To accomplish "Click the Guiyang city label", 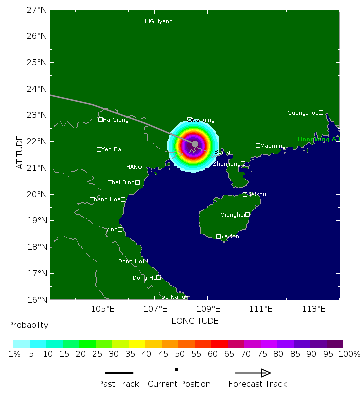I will (x=161, y=21).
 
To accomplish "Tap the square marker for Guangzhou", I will (x=321, y=112).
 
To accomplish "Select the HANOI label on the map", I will (x=135, y=167).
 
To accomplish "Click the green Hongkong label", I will (x=317, y=140).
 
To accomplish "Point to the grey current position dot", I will (x=195, y=144).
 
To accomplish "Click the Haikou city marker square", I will (x=245, y=194).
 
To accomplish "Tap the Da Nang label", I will (x=173, y=297).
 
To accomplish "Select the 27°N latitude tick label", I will (x=37, y=10).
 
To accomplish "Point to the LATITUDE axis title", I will (x=20, y=154).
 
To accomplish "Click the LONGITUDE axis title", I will (x=195, y=321).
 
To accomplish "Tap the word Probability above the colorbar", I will (x=28, y=325).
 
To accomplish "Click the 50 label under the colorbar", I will (x=170, y=354).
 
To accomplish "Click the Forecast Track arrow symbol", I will (x=253, y=373).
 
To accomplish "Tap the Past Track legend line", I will (x=119, y=373).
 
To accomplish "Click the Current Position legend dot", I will (x=176, y=370).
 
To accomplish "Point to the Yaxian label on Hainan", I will (x=230, y=236).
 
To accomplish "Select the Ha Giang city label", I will (x=115, y=120).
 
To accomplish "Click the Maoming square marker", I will (x=258, y=145).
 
